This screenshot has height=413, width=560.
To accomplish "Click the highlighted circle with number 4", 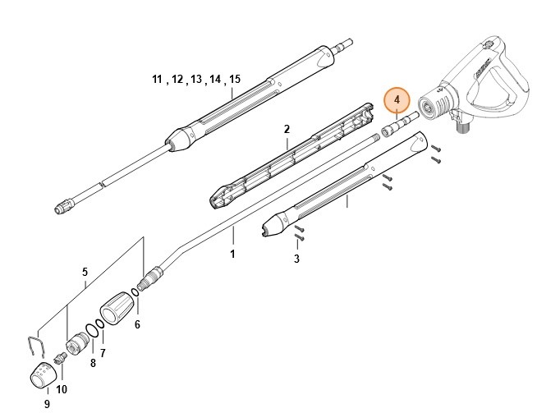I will click(x=397, y=100).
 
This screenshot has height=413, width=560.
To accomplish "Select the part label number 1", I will click(x=232, y=255).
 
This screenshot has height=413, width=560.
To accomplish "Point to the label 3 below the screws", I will click(x=296, y=259).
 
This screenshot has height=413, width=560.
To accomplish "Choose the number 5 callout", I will click(x=84, y=272).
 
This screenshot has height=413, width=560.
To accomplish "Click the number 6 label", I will click(x=137, y=324).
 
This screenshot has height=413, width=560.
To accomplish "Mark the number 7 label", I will click(x=103, y=352).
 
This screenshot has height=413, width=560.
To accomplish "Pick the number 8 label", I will click(x=93, y=362).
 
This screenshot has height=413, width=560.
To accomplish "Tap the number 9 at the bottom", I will click(x=47, y=403).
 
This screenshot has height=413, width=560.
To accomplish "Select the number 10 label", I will click(x=62, y=388).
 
